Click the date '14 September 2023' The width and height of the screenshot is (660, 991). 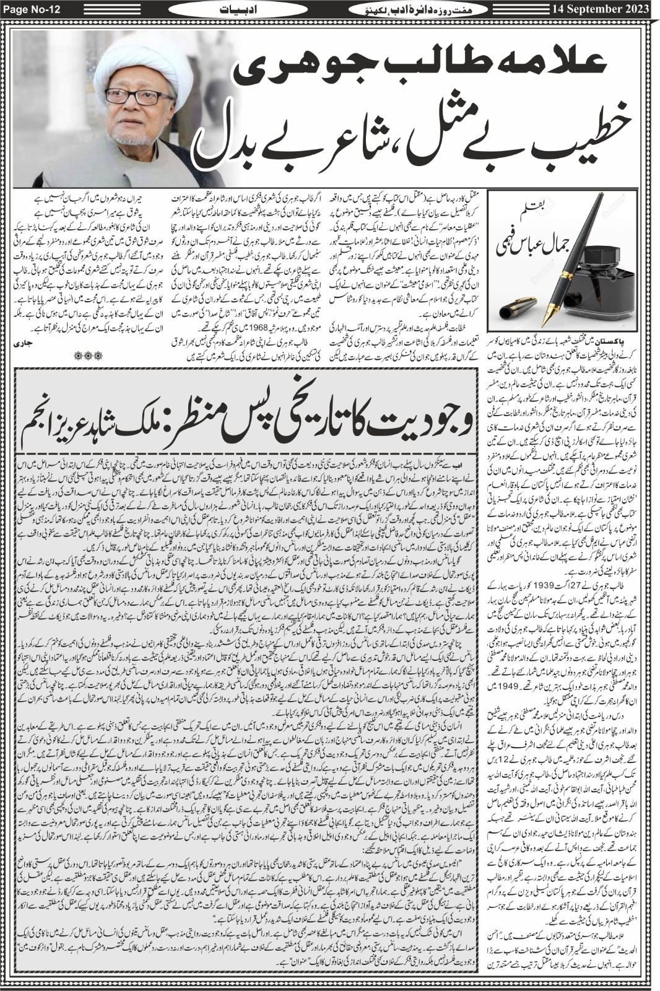click(x=594, y=8)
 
